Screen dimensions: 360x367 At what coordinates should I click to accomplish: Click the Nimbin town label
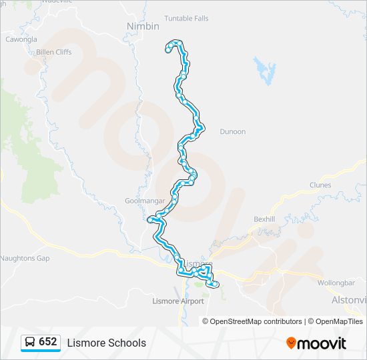(x=143, y=26)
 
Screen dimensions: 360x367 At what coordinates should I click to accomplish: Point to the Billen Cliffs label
(x=54, y=51)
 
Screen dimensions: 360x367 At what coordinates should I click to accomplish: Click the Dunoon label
(x=233, y=132)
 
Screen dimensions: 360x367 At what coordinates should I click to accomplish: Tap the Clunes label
(x=320, y=185)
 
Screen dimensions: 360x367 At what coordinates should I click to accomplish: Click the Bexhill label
(x=264, y=219)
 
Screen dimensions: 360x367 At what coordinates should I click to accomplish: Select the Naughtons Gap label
(x=25, y=258)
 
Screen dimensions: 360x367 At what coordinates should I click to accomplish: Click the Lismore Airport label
(x=178, y=301)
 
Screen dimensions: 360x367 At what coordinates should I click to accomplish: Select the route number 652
(x=48, y=342)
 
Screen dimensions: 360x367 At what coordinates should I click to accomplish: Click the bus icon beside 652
(x=31, y=343)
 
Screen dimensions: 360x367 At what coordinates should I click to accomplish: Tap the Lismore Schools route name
(x=106, y=343)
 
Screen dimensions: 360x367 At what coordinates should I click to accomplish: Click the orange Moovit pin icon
(x=291, y=343)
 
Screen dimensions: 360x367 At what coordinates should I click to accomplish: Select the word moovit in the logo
(x=322, y=343)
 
